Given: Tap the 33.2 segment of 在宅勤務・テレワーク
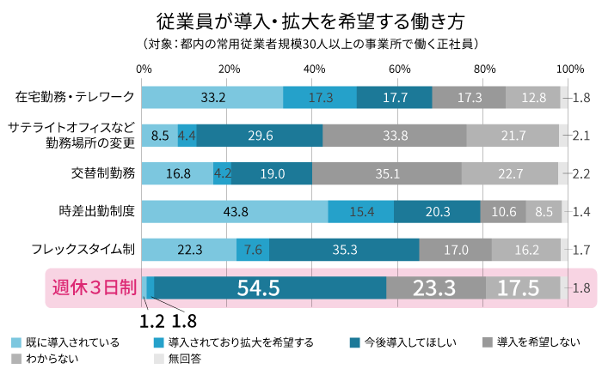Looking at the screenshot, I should click(212, 97).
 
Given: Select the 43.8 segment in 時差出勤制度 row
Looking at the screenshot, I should click(234, 211).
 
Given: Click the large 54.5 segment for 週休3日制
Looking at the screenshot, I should click(270, 288).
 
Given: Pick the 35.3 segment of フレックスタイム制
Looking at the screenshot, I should click(344, 250).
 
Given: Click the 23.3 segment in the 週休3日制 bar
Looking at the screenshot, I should click(435, 288).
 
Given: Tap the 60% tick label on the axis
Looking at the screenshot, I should click(400, 69).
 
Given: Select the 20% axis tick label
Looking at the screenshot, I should click(229, 69).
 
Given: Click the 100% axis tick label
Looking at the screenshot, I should click(568, 69).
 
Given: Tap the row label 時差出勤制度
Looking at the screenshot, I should click(97, 211).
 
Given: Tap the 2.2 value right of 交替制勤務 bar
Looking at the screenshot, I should click(580, 173).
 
